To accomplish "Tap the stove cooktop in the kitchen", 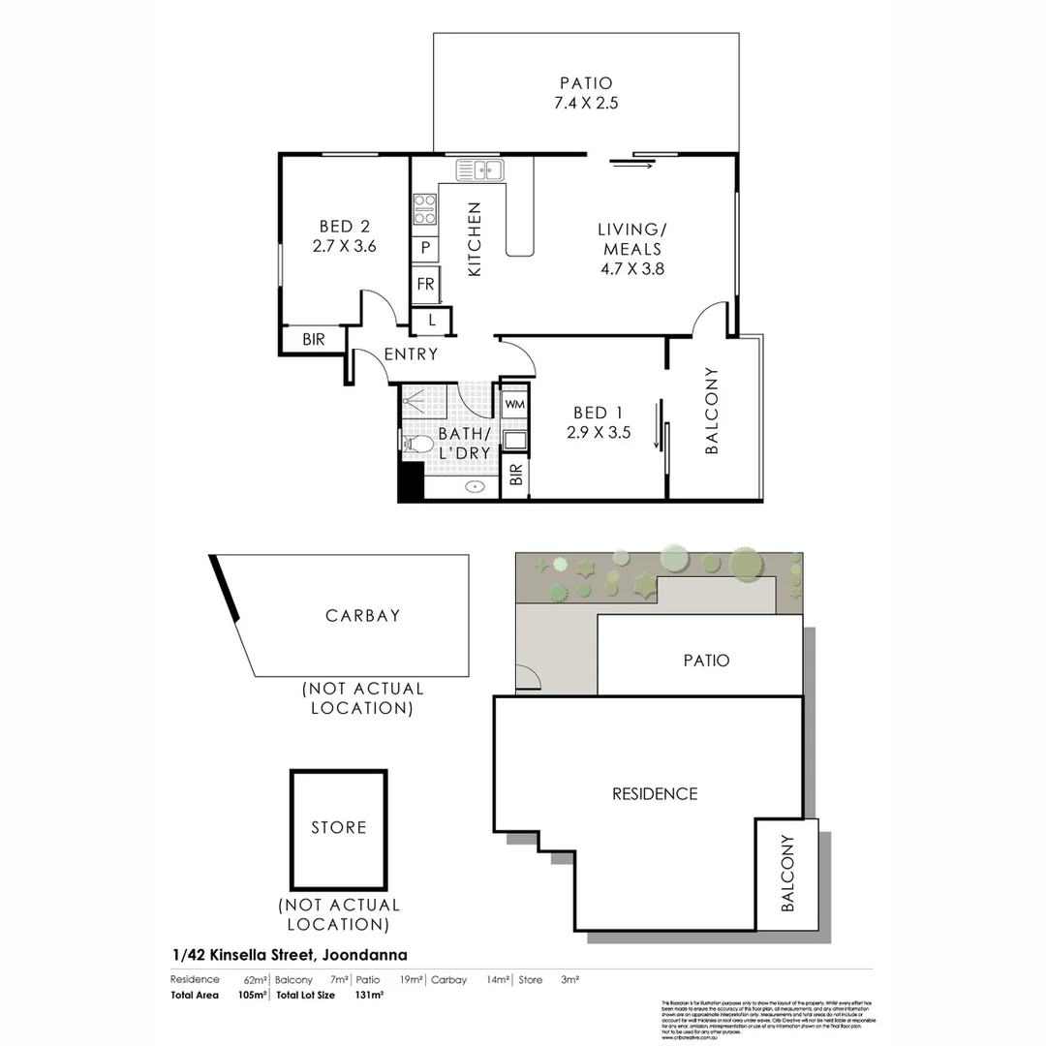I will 424,210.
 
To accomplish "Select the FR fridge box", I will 425,285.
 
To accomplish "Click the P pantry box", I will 425,249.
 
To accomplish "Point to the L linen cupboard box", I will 431,320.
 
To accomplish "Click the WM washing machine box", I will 514,403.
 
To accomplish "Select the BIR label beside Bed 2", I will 313,340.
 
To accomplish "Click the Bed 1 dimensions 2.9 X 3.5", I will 599,433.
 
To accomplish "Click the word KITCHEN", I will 475,239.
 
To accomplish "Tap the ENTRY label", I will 411,354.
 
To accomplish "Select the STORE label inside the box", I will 339,827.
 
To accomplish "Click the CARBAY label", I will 362,615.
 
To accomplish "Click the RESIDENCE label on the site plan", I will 655,793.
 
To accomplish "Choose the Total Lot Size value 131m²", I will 370,995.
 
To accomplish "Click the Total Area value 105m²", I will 252,995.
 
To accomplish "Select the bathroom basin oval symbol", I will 475,487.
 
